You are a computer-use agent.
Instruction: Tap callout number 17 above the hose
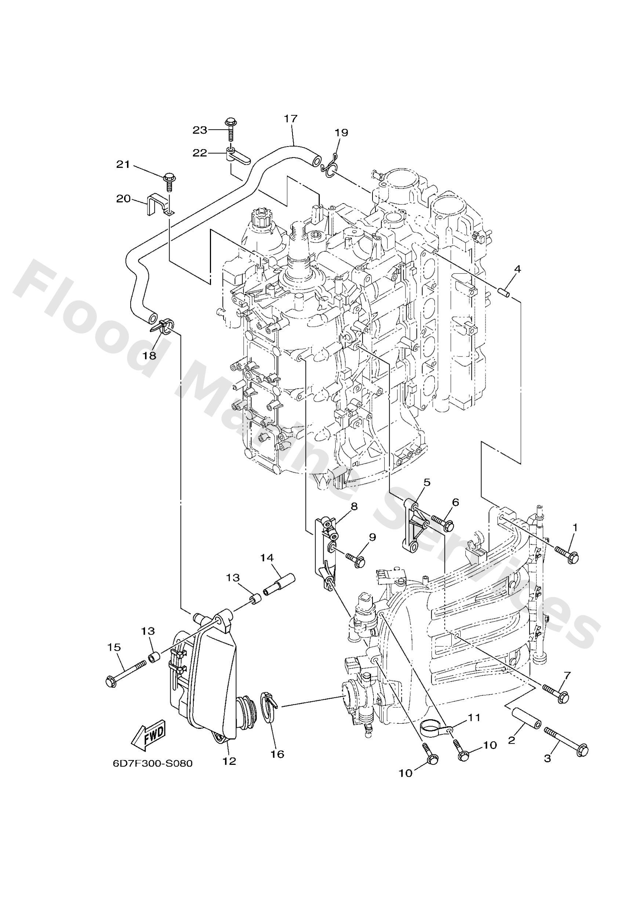tap(291, 118)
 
